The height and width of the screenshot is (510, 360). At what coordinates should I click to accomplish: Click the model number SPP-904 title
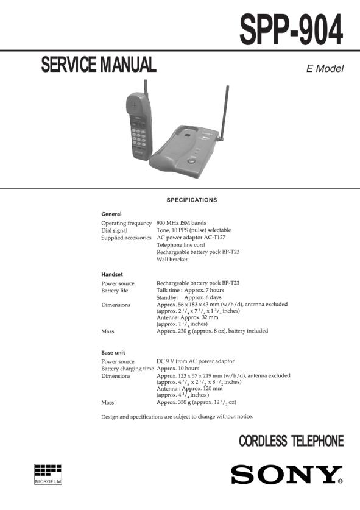(x=291, y=30)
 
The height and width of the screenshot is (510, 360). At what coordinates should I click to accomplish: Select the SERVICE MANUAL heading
(x=99, y=65)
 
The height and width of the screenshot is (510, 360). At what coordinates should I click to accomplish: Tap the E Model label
(x=325, y=69)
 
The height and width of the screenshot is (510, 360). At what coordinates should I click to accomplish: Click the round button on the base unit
(x=192, y=160)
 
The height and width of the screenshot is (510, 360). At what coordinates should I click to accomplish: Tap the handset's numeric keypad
(x=138, y=138)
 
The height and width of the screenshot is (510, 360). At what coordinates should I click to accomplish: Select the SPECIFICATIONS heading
(x=192, y=200)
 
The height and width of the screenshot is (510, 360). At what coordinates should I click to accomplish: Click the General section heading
(x=111, y=214)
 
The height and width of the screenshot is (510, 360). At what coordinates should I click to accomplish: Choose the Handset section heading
(x=112, y=274)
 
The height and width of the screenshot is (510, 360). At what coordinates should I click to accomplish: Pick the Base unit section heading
(x=113, y=353)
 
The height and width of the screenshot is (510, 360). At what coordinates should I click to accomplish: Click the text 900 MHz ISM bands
(x=181, y=223)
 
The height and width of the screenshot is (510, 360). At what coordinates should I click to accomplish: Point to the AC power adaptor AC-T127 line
(x=191, y=238)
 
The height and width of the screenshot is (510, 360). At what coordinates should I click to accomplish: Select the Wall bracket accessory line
(x=172, y=259)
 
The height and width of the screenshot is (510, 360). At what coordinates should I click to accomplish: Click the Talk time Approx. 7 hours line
(x=190, y=290)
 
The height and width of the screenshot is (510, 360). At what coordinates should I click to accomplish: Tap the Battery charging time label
(x=127, y=369)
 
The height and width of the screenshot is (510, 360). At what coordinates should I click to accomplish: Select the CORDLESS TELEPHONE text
(x=291, y=441)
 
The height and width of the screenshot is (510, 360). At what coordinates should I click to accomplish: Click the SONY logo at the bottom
(x=287, y=475)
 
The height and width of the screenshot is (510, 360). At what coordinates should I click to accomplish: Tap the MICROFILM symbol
(x=48, y=474)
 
